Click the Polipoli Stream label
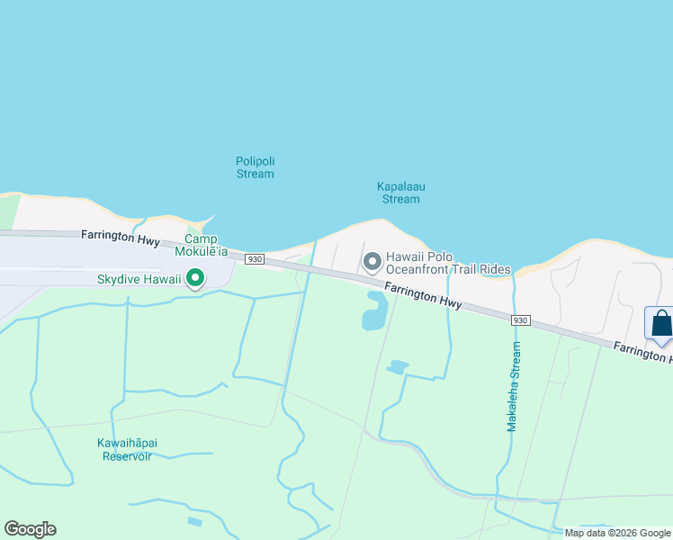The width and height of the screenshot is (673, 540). [x=255, y=167]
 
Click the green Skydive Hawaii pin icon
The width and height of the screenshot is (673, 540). [x=194, y=280]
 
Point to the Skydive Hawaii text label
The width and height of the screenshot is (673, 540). [x=139, y=280]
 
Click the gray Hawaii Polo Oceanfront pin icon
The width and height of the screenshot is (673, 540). [x=372, y=262]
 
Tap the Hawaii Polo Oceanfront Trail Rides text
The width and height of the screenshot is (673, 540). [x=448, y=263]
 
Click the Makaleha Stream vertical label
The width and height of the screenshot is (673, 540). [x=514, y=386]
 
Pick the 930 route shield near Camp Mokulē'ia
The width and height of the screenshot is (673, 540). [x=255, y=258]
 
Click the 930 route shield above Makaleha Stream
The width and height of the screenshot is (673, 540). [x=519, y=320]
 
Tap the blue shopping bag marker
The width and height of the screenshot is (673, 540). [x=661, y=324]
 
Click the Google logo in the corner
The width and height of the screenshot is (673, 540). [x=30, y=529]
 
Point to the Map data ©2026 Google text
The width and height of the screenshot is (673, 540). [x=617, y=533]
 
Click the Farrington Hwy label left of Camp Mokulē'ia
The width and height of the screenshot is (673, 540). [x=121, y=238]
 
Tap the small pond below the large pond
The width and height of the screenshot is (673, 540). [x=396, y=366]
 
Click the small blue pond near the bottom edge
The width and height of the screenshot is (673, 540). [x=194, y=521]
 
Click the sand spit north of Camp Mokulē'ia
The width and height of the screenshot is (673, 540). [x=205, y=220]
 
